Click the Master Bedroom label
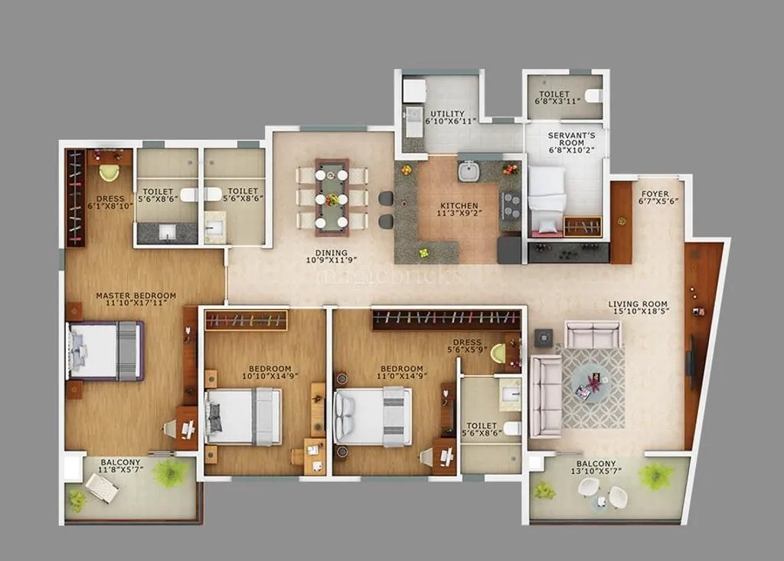click(x=136, y=295)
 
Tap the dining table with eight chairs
click(x=332, y=197)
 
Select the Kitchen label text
click(x=459, y=206)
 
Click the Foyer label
click(x=654, y=194)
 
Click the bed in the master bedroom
click(x=106, y=351)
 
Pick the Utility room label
click(x=446, y=114)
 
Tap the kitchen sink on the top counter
click(x=469, y=171)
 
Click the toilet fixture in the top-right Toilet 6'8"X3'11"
click(x=593, y=96)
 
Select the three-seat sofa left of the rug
click(x=544, y=396)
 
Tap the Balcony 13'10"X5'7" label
click(x=596, y=464)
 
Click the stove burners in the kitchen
click(x=511, y=205)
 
